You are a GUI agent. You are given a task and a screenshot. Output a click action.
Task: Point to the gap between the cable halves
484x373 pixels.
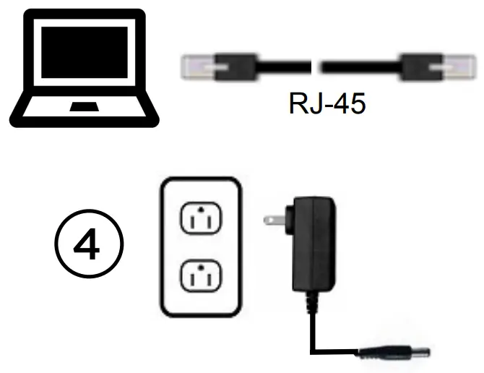316,68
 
